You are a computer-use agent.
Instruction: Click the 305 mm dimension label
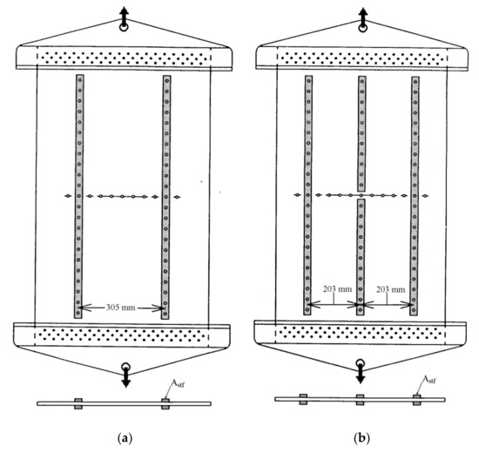120,307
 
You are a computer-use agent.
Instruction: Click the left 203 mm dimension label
338,289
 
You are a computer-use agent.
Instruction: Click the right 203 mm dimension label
391,289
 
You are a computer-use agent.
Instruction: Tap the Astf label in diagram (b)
428,380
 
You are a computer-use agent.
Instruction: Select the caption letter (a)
125,438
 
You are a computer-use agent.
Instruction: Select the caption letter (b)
361,438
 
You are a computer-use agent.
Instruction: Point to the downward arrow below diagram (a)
125,378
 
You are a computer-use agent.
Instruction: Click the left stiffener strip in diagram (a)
78,197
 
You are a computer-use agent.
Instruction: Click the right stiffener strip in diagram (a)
165,198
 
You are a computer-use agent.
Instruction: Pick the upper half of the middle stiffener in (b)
361,133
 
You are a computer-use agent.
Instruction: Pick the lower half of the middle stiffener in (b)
361,257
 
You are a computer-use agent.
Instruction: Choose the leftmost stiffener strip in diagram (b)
308,195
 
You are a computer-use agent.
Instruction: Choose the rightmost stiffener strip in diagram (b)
415,196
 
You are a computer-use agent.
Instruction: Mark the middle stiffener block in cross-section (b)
361,400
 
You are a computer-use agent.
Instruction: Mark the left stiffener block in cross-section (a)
78,403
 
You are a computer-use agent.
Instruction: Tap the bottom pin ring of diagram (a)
125,366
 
